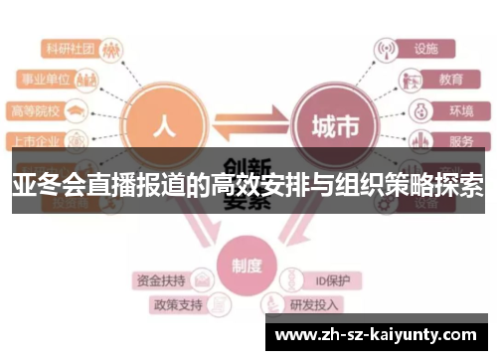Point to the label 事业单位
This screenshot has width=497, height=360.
coord(47,79)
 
